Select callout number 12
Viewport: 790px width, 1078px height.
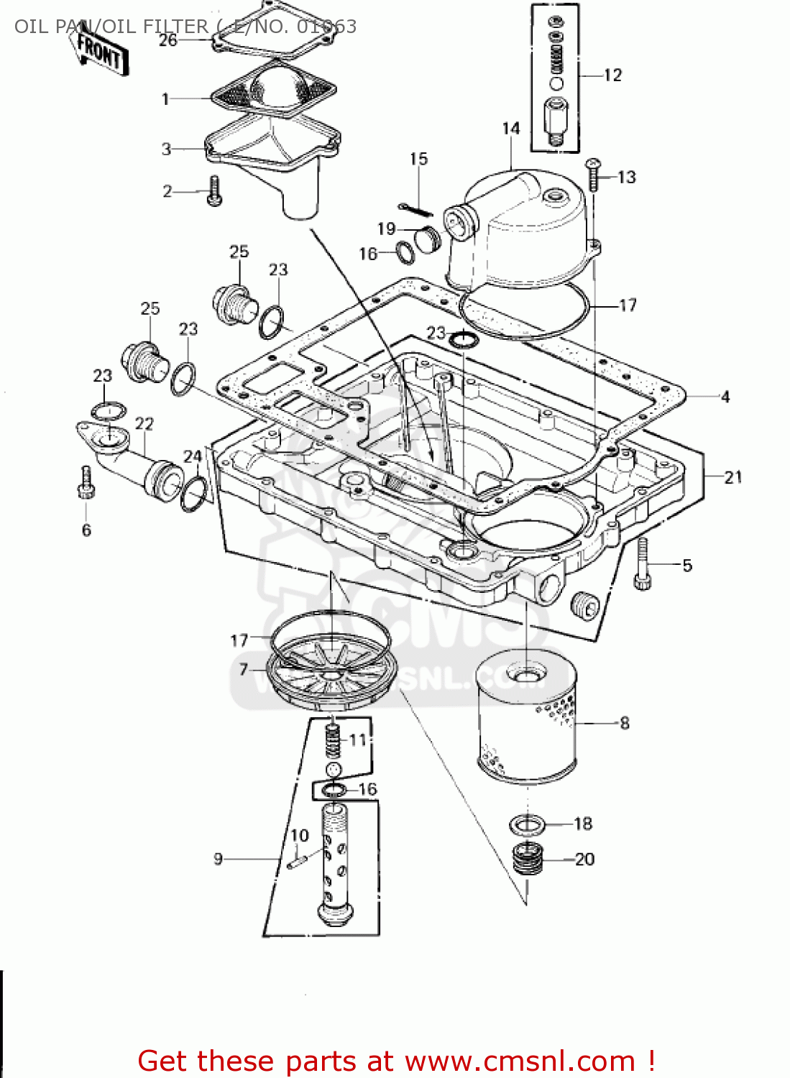click(612, 75)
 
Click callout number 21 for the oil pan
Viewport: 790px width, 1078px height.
click(732, 477)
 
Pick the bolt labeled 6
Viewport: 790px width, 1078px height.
click(86, 482)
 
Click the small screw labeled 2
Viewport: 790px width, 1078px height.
click(214, 191)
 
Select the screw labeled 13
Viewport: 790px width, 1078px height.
click(593, 175)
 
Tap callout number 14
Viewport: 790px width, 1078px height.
click(510, 129)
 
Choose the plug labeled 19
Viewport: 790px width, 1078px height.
click(428, 238)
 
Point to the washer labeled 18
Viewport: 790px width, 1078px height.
click(527, 824)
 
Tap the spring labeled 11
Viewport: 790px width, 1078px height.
click(332, 740)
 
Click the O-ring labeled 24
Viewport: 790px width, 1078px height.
click(193, 493)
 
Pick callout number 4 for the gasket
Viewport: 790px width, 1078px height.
click(725, 397)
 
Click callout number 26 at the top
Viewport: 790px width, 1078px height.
click(167, 40)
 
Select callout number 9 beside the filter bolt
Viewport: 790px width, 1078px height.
click(218, 858)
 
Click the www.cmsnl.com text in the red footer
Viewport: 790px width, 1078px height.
click(520, 1061)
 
